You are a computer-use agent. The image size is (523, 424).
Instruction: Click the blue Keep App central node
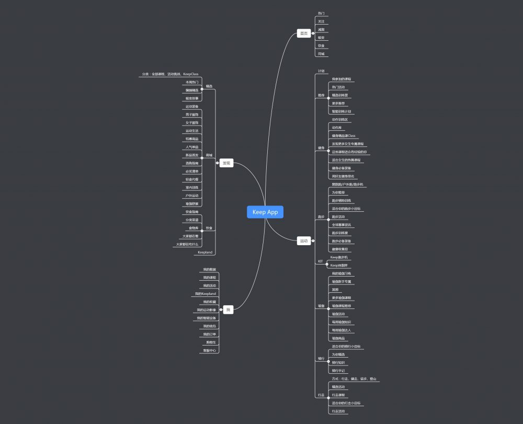[265, 212]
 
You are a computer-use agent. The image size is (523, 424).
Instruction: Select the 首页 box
[304, 33]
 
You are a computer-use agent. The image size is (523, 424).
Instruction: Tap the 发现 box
[226, 163]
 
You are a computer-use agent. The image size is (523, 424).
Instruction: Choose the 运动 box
[304, 241]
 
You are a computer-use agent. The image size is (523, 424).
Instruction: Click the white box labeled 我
[228, 310]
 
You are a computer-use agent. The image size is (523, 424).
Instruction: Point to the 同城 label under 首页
[321, 54]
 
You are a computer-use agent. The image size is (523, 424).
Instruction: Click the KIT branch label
[321, 261]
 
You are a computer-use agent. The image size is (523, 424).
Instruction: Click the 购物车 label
[211, 342]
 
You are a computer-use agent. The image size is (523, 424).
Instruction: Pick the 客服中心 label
[209, 350]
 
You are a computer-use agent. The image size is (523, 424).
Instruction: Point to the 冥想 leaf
[335, 289]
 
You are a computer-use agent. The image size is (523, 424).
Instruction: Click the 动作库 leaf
[337, 127]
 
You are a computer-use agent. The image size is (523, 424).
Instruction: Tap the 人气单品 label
[192, 147]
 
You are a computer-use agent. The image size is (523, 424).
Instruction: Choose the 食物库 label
[194, 228]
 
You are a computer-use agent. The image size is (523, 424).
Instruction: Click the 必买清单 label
[192, 171]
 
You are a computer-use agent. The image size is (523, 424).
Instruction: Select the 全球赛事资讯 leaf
[342, 225]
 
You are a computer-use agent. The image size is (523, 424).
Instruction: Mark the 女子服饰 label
[192, 122]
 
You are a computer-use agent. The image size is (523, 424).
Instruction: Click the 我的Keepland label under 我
[205, 294]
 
